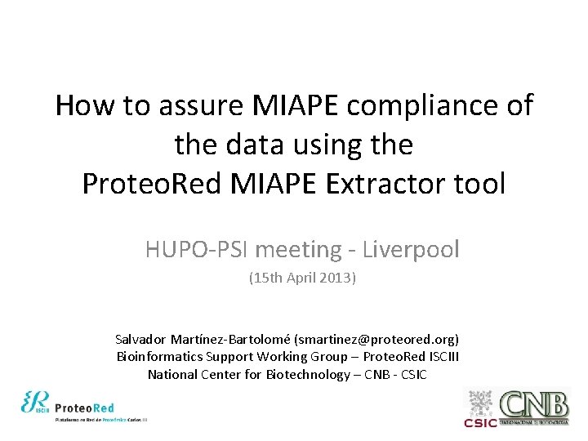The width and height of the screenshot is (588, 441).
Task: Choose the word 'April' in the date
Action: (298, 278)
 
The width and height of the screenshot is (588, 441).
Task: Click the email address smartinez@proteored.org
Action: (376, 338)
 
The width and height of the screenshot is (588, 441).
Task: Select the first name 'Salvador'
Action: (140, 338)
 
